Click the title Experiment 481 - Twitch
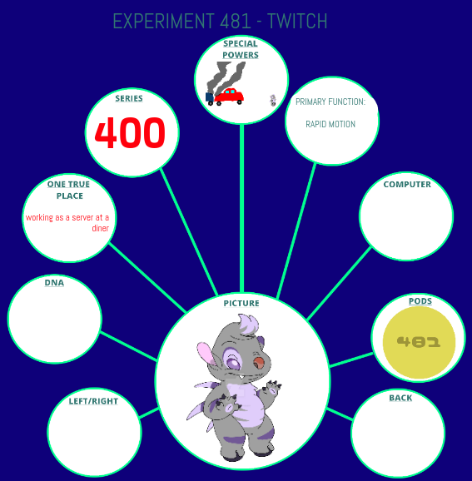[220, 21]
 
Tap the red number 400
[130, 133]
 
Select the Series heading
[129, 98]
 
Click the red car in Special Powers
[229, 96]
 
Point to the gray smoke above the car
[226, 77]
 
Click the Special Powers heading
[241, 49]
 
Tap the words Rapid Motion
[330, 124]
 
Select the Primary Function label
[330, 102]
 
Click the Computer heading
[407, 185]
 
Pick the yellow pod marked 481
[420, 342]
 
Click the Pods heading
[420, 301]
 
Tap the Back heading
[400, 398]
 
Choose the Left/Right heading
[93, 401]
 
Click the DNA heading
[54, 283]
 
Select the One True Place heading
[69, 190]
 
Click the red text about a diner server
[67, 223]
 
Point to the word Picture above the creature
[241, 304]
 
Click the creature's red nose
[260, 363]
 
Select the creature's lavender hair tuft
[248, 325]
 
